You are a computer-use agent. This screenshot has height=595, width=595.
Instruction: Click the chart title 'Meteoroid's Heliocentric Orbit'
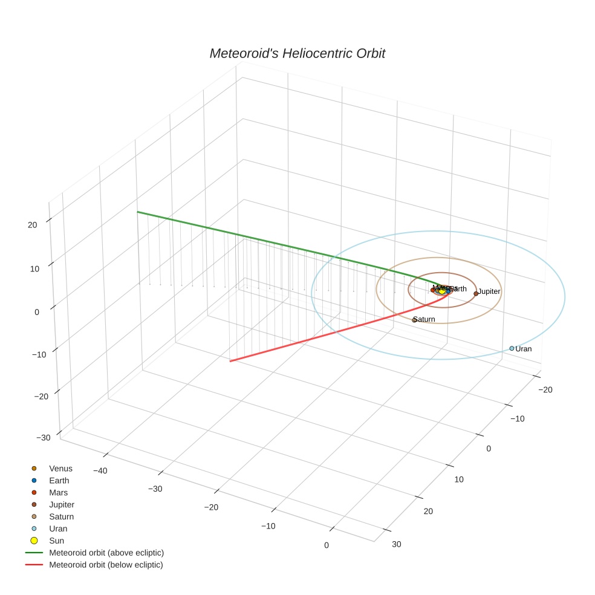[297, 53]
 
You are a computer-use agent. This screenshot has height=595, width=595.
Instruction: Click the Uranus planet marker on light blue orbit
[512, 348]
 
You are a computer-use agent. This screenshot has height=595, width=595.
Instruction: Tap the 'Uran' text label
[524, 349]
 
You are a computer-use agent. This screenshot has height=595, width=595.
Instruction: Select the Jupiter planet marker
[476, 293]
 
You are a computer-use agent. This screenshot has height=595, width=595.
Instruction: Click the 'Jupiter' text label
[489, 291]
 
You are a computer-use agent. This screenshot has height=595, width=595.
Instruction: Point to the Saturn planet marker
[414, 320]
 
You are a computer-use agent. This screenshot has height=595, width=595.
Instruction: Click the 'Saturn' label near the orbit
[425, 319]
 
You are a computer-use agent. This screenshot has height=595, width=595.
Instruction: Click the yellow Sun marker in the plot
[442, 291]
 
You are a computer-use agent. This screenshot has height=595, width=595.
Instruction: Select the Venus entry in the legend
[60, 468]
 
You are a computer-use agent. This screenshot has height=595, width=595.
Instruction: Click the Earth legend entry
[59, 480]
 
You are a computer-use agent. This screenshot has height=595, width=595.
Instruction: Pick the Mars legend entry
[58, 492]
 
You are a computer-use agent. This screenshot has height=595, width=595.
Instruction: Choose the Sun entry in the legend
[56, 541]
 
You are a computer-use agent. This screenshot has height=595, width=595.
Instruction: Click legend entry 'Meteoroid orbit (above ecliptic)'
[106, 553]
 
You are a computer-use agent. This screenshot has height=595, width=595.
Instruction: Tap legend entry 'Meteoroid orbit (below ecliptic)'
[106, 565]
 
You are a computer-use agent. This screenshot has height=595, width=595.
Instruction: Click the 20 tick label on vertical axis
[32, 224]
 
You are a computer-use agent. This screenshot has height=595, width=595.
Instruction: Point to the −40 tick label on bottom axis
[100, 470]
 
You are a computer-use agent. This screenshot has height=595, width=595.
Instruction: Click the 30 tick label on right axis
[396, 544]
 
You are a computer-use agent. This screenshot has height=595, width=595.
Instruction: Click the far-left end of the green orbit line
[138, 212]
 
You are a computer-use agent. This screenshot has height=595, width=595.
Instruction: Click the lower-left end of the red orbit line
[230, 361]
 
